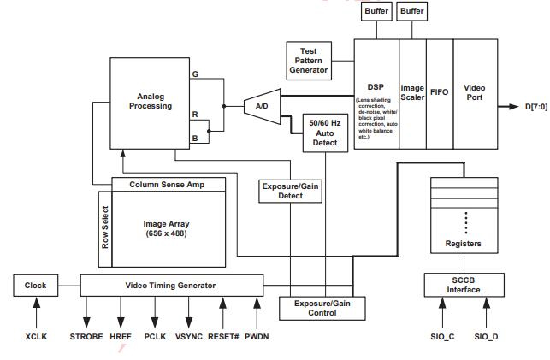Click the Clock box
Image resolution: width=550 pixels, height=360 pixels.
pos(35,286)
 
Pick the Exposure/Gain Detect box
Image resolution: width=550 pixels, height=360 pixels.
pos(291,191)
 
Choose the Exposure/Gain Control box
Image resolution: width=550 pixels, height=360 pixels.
pos(315,308)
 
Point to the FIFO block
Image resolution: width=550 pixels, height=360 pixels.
pos(439,92)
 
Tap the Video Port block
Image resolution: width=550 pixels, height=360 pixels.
pos(475,92)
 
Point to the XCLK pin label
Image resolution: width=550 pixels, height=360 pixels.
pos(36,337)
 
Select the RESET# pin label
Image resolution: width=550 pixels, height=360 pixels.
pos(222,337)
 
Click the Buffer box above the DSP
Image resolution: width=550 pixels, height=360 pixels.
pos(376,11)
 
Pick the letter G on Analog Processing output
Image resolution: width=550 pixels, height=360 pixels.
pos(195,74)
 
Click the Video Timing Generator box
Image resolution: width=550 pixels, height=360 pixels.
pos(171,286)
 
